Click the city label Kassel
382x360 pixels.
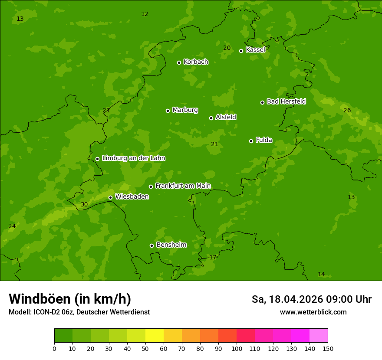(x=255, y=50)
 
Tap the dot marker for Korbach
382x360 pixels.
(x=179, y=62)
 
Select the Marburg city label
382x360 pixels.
(x=185, y=110)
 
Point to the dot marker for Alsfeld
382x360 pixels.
(x=211, y=118)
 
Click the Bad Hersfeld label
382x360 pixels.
(x=286, y=101)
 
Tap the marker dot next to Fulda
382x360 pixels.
(x=251, y=141)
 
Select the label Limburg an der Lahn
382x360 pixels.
(x=133, y=158)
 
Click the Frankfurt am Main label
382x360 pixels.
(x=183, y=186)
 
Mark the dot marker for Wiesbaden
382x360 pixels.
(x=110, y=197)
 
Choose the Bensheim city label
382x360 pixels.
(x=171, y=245)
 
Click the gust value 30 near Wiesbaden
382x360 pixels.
(x=84, y=205)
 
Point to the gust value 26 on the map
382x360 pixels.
(x=347, y=111)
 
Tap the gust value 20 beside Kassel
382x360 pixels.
(x=227, y=48)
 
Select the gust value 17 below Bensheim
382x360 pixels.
(x=213, y=258)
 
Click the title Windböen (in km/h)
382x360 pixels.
(x=70, y=299)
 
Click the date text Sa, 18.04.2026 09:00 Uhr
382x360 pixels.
(x=311, y=299)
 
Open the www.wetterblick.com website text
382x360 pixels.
(x=313, y=312)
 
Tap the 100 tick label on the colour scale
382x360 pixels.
(x=237, y=348)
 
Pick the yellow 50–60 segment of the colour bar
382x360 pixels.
(x=155, y=336)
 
